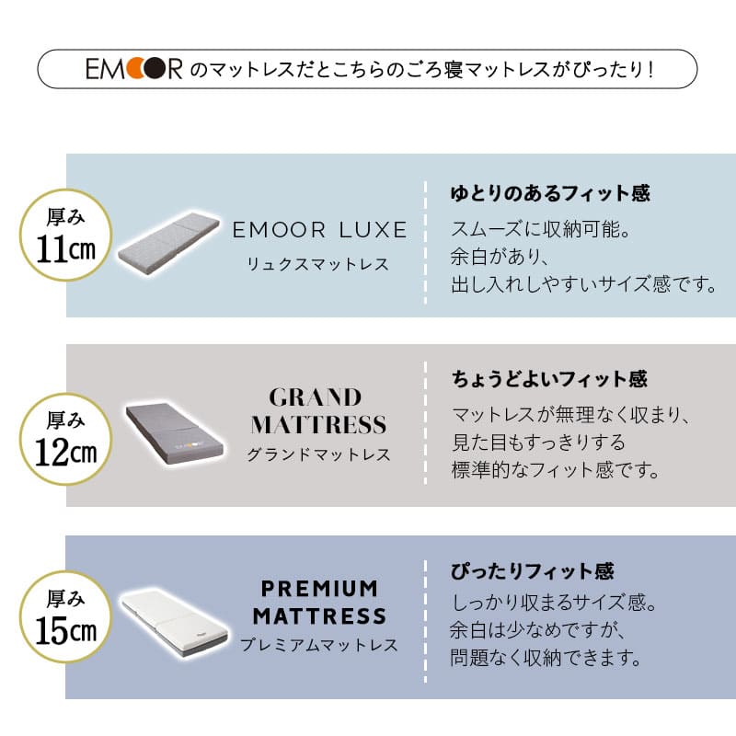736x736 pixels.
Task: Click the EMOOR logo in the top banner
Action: tap(133, 69)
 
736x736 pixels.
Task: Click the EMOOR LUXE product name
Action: tap(320, 229)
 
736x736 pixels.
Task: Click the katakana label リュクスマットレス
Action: tap(318, 265)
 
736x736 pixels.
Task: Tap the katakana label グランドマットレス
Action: tap(318, 454)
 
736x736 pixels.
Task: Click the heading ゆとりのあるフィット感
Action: tap(550, 194)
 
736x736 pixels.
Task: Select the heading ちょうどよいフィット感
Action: tap(549, 378)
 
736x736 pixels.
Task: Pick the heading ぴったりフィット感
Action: tap(533, 571)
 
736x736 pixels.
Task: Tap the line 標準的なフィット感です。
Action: tap(557, 471)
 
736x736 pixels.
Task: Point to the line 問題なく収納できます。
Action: tap(546, 659)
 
